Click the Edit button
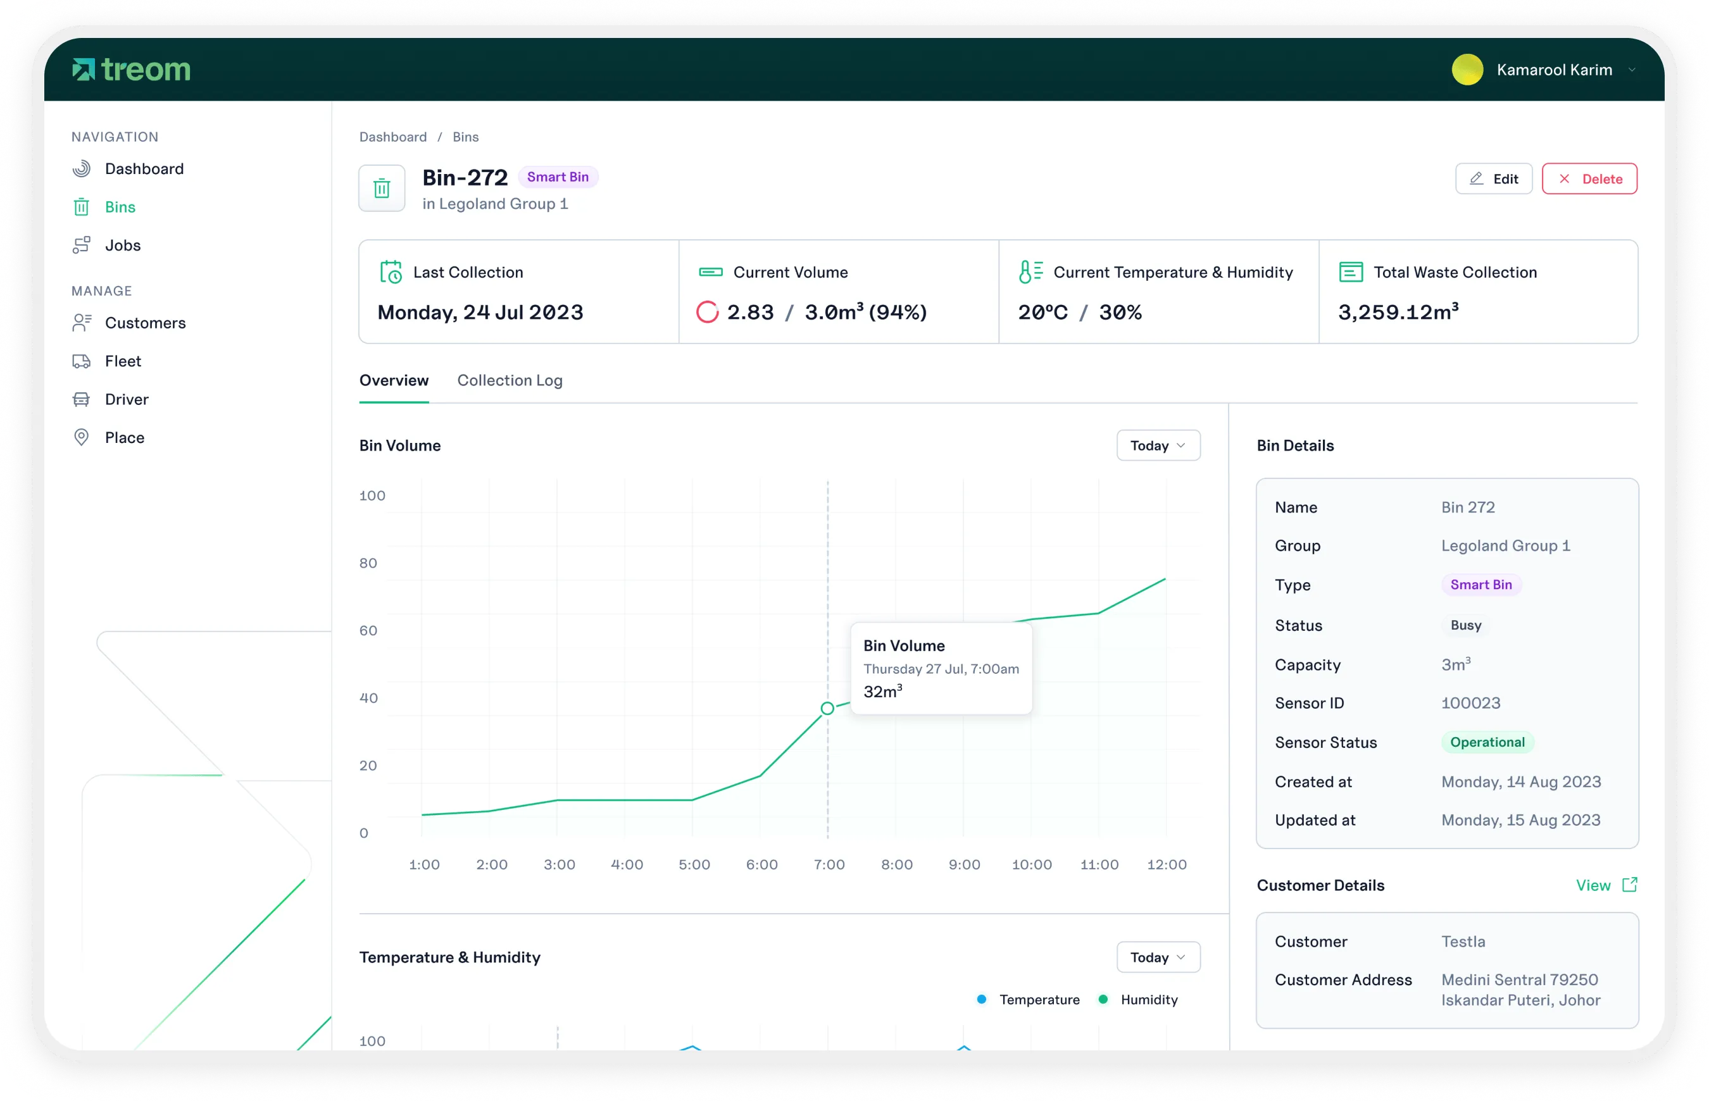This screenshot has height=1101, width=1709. pos(1493,178)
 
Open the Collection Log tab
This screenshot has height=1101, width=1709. pos(509,380)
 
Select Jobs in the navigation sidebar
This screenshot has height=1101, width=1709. pos(122,246)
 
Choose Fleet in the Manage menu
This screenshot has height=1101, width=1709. pos(122,361)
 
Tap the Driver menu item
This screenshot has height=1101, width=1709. pos(126,400)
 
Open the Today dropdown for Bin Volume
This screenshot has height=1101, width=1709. pos(1158,445)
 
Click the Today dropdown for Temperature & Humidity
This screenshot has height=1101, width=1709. pos(1158,957)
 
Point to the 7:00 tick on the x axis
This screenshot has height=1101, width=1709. pos(829,864)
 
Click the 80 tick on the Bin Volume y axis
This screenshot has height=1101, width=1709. pos(368,563)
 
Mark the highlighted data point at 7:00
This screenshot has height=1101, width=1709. pos(827,709)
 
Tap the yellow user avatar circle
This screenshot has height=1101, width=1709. pos(1467,70)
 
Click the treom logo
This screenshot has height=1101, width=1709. pos(132,70)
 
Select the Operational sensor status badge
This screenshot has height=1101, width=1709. pos(1487,742)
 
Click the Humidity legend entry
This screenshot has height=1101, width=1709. pos(1148,1000)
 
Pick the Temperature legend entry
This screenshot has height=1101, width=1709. pos(1038,1000)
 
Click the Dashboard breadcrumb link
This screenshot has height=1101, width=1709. pos(392,137)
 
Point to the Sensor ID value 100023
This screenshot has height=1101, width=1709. pos(1470,703)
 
